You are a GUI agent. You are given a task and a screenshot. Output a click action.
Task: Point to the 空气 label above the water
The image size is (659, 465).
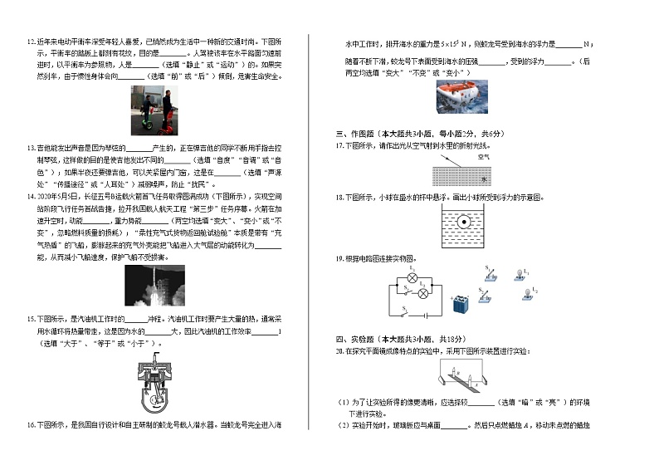pos(484,156)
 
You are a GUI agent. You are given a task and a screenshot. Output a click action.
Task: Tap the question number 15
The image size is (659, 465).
pos(31,319)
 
